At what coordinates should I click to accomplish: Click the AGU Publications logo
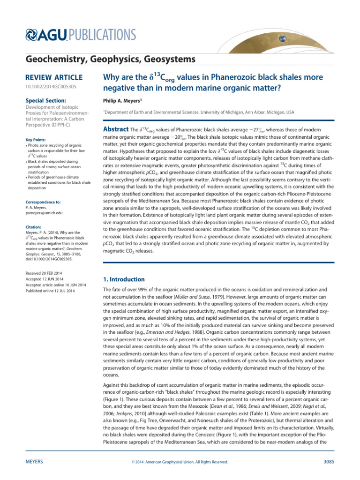(x=75, y=35)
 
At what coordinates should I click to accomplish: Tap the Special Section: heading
(x=42, y=100)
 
